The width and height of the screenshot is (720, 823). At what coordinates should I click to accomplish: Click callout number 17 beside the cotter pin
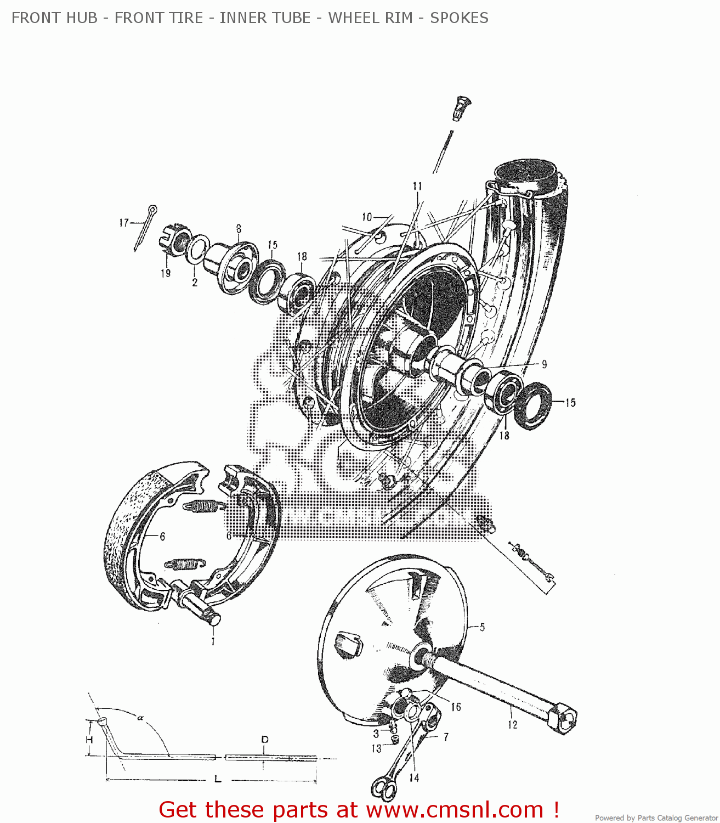124,223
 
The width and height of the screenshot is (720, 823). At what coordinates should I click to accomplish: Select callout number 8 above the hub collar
239,229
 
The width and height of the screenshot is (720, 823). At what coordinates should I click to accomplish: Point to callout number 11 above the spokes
417,186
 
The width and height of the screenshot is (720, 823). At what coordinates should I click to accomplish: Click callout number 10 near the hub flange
367,217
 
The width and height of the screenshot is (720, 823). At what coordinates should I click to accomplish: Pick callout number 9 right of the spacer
544,364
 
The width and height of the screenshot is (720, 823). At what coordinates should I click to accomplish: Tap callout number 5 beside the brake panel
482,627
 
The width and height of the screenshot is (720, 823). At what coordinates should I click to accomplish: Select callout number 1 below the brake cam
213,641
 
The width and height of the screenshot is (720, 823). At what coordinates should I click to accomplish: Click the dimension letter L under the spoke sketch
218,779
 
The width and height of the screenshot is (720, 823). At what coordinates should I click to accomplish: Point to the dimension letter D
265,740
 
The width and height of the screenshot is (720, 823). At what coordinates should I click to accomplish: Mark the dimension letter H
89,740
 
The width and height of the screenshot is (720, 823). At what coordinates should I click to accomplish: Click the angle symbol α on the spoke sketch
140,717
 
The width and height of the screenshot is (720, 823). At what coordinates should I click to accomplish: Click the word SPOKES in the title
458,18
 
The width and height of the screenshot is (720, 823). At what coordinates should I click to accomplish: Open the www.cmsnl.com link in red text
454,810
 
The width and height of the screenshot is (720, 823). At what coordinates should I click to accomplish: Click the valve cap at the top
462,108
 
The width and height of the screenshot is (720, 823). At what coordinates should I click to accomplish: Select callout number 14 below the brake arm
413,777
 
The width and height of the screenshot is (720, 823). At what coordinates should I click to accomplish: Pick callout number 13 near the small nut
376,748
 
